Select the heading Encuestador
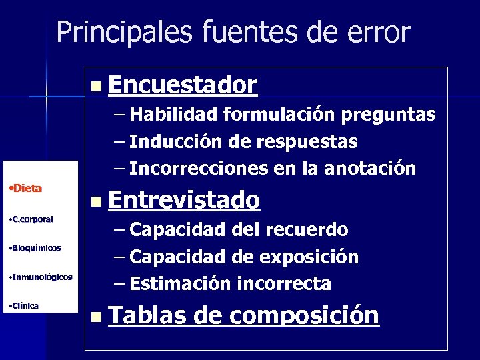pos(182,85)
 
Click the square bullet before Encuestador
pos(97,86)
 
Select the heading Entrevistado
pos(183,199)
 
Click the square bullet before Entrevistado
pos(97,201)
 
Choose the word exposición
pos(311,257)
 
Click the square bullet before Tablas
pos(97,316)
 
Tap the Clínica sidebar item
pos(24,305)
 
